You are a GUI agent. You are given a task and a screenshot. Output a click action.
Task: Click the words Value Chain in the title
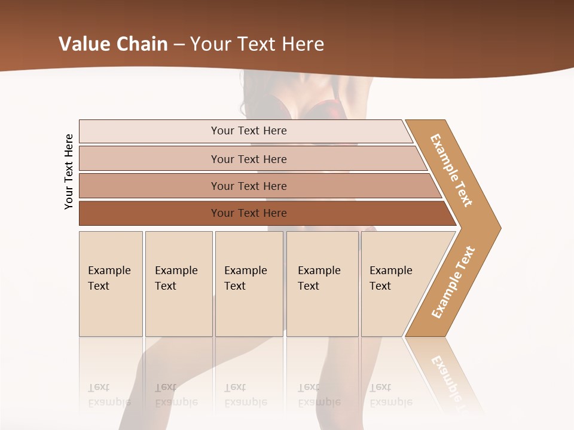pos(113,44)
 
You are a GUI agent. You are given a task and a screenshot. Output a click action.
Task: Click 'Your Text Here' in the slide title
pos(257,44)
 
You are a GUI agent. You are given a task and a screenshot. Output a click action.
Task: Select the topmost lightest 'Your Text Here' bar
pos(248,131)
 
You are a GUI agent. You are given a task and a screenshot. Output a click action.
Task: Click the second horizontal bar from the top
pos(248,159)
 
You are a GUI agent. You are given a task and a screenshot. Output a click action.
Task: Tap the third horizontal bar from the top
pos(248,186)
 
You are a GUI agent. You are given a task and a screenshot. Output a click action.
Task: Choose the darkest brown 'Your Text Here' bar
pos(248,213)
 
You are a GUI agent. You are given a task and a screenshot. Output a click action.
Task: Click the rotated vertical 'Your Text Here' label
pos(69,171)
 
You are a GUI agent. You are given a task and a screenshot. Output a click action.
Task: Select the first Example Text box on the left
pos(110,284)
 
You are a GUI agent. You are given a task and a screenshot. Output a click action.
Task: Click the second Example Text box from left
pos(178,284)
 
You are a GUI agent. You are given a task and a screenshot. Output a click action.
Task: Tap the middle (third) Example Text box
pos(248,284)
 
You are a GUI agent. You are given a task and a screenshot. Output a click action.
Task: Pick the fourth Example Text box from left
pos(322,284)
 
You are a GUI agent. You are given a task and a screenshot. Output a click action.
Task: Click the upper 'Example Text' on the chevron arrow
pos(451,170)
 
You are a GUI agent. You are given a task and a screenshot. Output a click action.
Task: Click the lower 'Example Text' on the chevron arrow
pos(453,282)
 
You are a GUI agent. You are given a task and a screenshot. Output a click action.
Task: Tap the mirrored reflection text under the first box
pos(109,395)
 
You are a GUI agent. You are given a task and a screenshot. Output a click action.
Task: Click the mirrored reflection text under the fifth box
pos(391,395)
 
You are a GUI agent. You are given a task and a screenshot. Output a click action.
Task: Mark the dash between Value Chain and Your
pos(179,45)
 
